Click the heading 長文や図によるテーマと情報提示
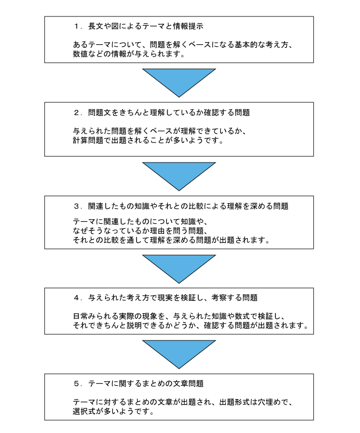pyautogui.click(x=146, y=26)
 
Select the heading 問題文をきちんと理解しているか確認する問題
pyautogui.click(x=169, y=113)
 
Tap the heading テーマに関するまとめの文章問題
pyautogui.click(x=146, y=384)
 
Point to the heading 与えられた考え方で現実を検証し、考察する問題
pyautogui.click(x=173, y=298)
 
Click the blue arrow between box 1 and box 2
pyautogui.click(x=179, y=82)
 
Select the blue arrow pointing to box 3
pyautogui.click(x=179, y=176)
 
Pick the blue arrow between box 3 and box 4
pyautogui.click(x=179, y=268)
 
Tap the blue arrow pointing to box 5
pyautogui.click(x=179, y=354)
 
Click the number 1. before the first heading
pyautogui.click(x=78, y=26)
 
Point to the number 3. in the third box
pyautogui.click(x=78, y=206)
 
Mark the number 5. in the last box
pyautogui.click(x=78, y=384)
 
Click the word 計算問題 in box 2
pyautogui.click(x=88, y=140)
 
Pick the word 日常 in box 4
pyautogui.click(x=80, y=316)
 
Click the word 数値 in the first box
pyautogui.click(x=80, y=54)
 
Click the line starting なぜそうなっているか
pyautogui.click(x=140, y=230)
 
